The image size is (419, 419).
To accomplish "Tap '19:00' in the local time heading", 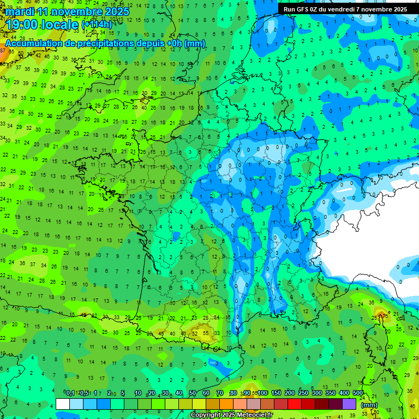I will click(24, 25).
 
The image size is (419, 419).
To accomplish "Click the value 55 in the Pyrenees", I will click(206, 332).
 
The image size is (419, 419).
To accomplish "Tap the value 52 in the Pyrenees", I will click(195, 333).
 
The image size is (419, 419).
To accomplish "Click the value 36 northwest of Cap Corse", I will click(372, 302).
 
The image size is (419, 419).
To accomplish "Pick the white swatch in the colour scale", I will click(62, 404).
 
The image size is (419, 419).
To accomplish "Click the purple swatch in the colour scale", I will click(349, 404).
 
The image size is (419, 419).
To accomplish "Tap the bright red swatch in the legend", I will click(295, 404).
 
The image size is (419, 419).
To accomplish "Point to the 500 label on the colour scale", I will click(358, 393).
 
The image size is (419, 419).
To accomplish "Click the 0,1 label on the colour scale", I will click(70, 393).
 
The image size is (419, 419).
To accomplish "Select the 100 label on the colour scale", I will click(262, 393).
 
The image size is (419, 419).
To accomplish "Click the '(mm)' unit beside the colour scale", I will click(369, 405).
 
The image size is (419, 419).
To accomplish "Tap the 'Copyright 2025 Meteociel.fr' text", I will click(231, 415).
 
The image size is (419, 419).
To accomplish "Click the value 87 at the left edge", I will click(3, 50).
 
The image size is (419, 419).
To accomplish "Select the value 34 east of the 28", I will click(217, 318).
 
